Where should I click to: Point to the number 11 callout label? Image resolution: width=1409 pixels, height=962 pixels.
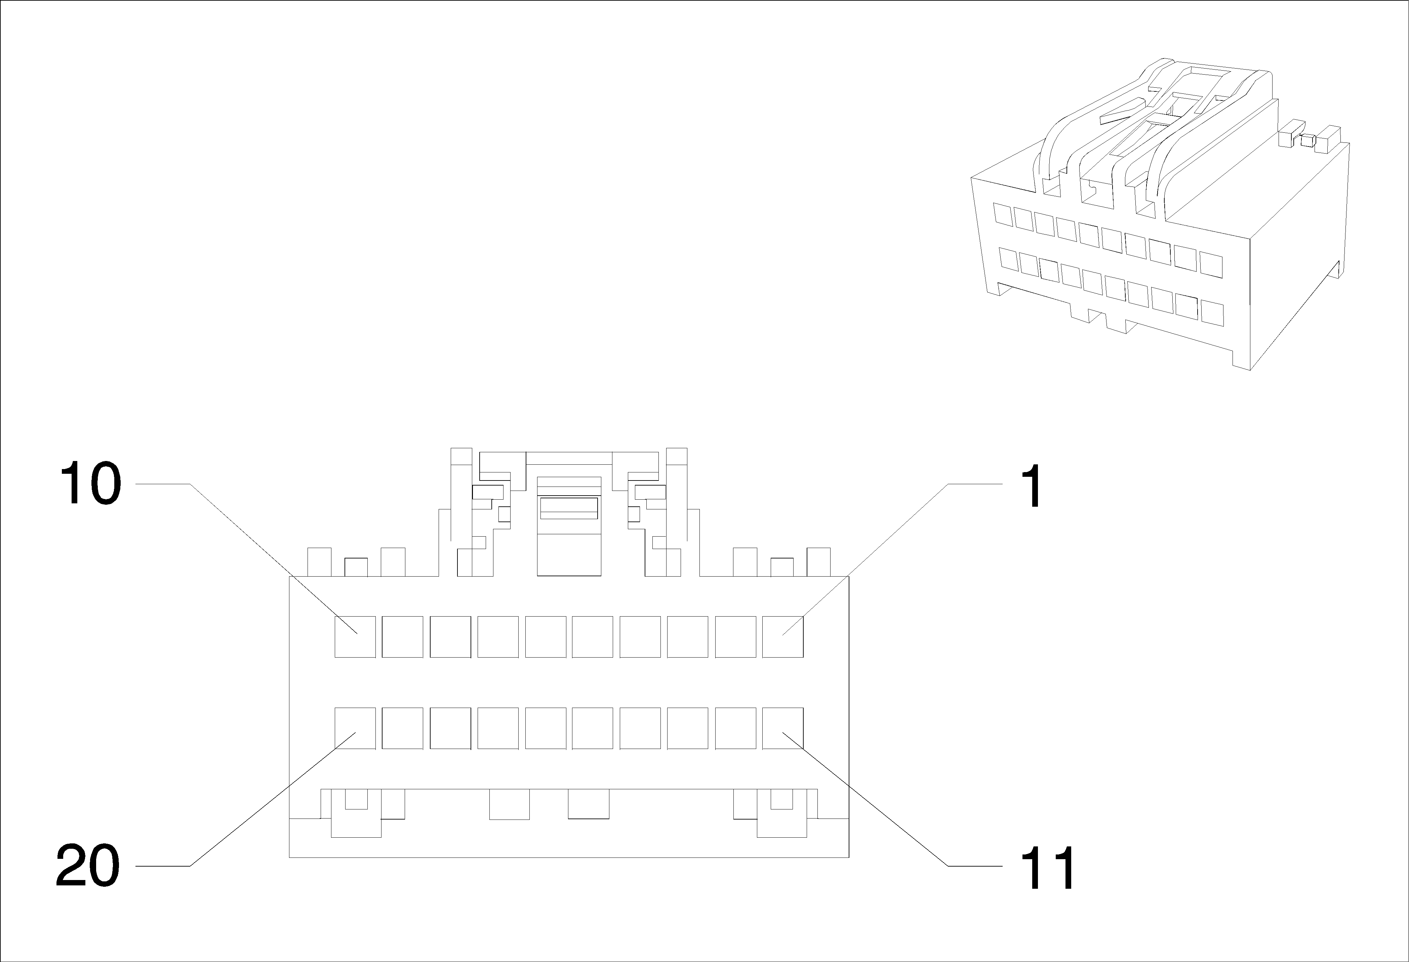pos(1047,868)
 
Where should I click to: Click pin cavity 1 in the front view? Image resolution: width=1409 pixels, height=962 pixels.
pos(783,636)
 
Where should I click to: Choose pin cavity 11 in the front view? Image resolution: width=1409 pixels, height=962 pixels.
pos(783,728)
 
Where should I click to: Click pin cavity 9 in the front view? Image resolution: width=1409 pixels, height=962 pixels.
pos(403,636)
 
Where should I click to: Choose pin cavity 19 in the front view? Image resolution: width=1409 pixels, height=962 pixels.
pos(403,728)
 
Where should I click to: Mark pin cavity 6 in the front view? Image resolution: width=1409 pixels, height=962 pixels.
pos(546,636)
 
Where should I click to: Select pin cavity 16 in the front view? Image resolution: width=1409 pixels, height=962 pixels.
pos(546,728)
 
